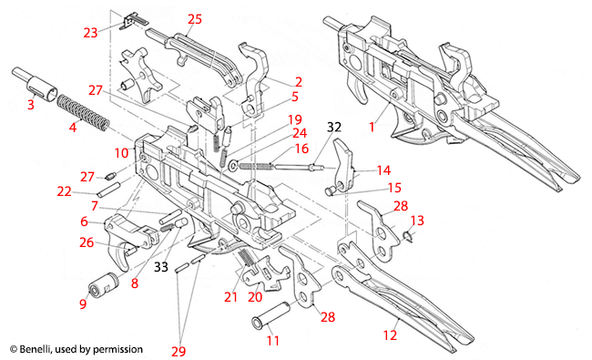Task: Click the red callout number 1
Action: (371, 129)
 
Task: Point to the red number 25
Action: (194, 19)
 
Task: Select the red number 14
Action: (383, 170)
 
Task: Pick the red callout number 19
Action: (294, 119)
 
